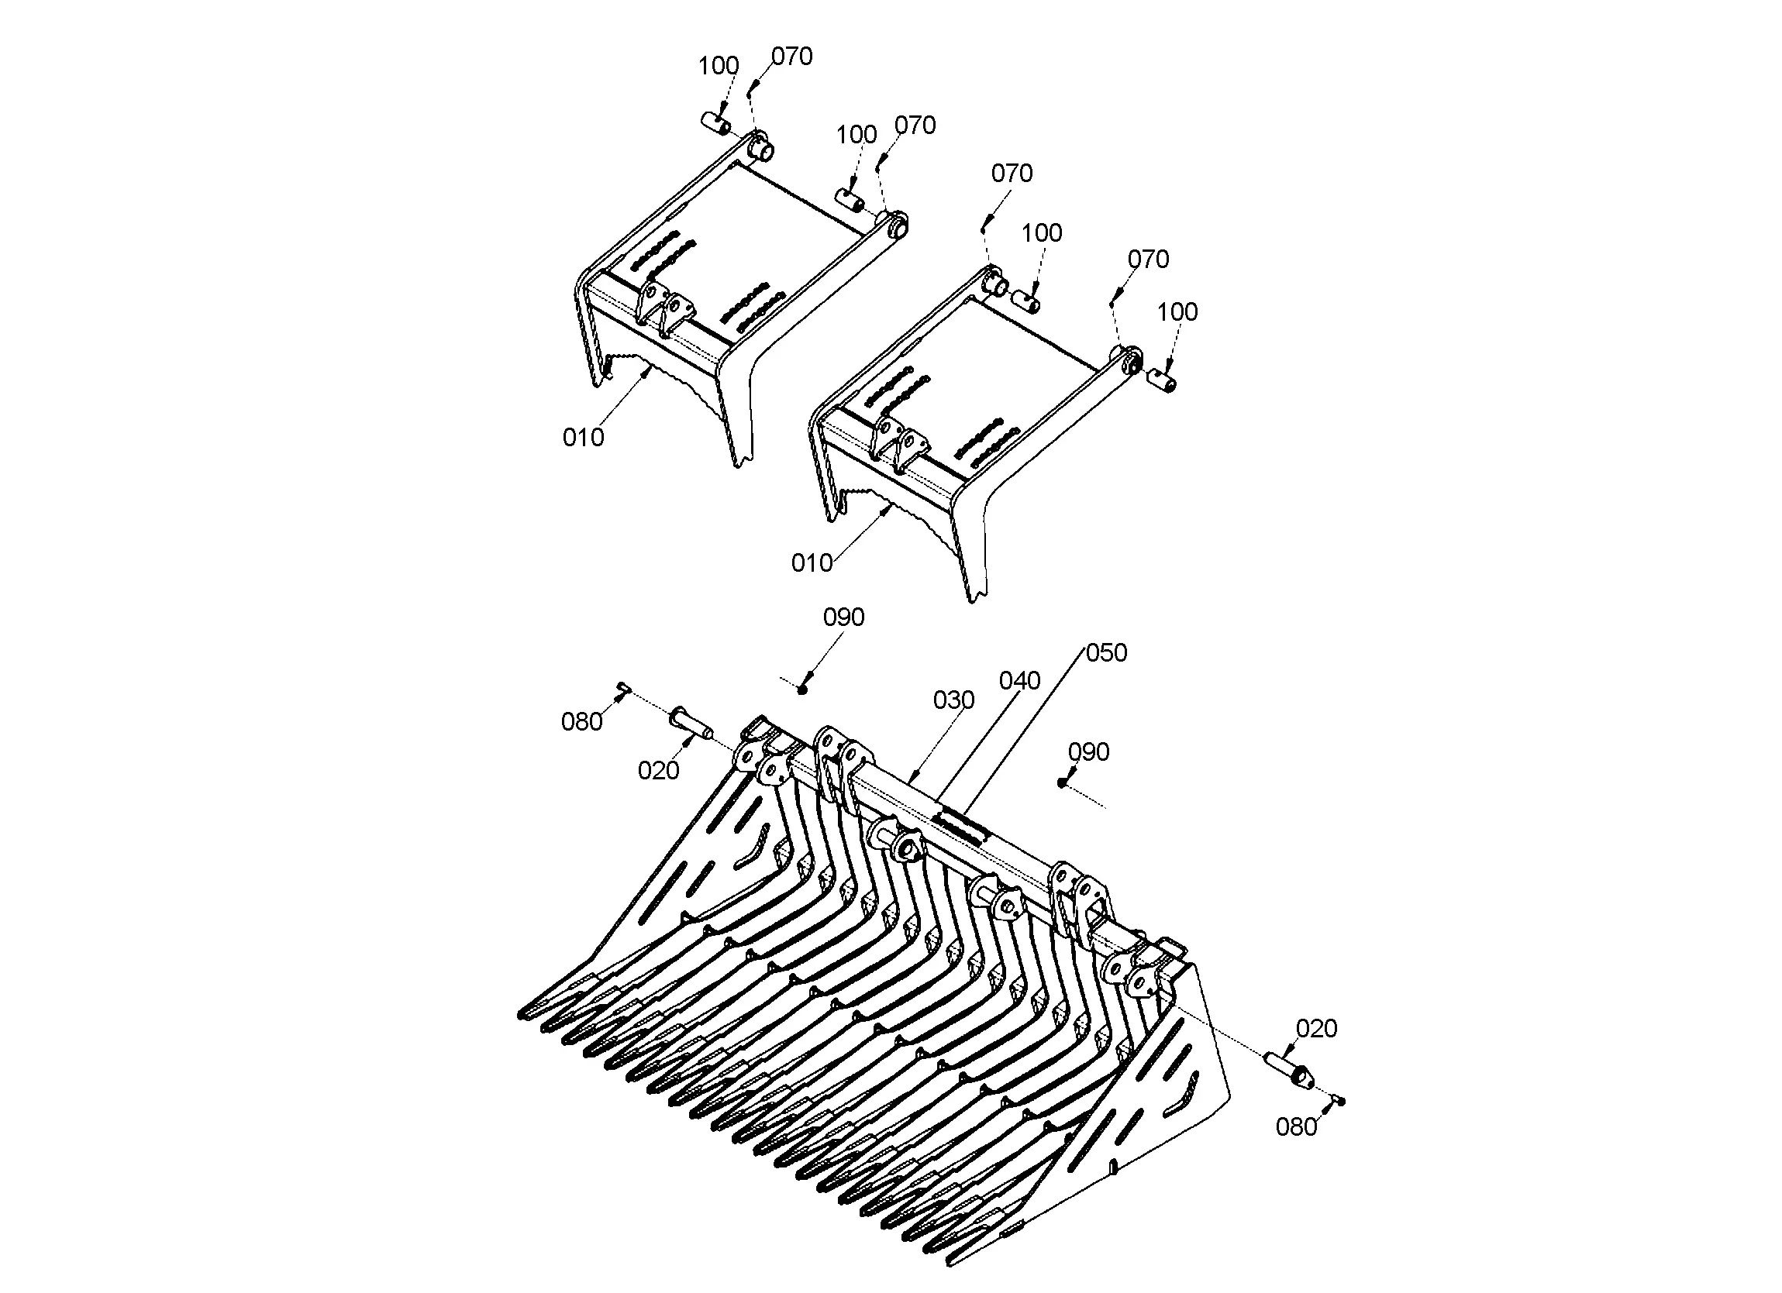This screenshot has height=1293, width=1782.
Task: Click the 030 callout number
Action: [x=953, y=700]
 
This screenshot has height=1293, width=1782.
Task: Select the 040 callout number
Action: [x=1020, y=680]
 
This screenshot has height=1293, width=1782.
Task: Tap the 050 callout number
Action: [x=1106, y=653]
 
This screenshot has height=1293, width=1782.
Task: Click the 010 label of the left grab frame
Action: [x=583, y=438]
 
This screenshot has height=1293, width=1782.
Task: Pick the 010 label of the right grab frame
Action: [x=812, y=563]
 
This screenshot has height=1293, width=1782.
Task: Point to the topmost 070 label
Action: [x=791, y=57]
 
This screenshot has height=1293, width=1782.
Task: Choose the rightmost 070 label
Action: [x=1148, y=260]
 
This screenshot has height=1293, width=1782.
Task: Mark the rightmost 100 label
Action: [x=1177, y=313]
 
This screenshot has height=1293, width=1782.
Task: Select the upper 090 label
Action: [x=843, y=617]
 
